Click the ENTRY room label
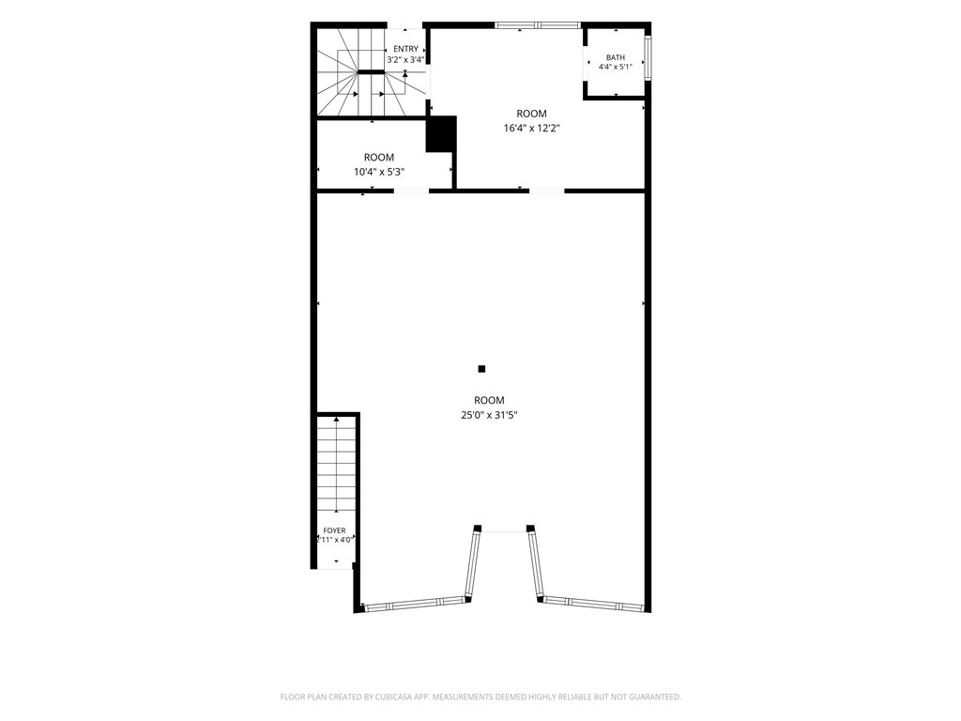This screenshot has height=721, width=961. pyautogui.click(x=405, y=49)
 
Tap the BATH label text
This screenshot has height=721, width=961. pyautogui.click(x=616, y=57)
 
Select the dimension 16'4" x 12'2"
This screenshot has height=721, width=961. pyautogui.click(x=531, y=128)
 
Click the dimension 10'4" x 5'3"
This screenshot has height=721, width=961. pyautogui.click(x=379, y=172)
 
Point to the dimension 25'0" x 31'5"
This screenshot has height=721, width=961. pyautogui.click(x=489, y=415)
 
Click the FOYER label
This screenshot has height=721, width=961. pyautogui.click(x=334, y=531)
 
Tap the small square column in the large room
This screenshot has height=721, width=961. pyautogui.click(x=481, y=368)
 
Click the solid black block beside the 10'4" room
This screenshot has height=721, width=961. pyautogui.click(x=441, y=133)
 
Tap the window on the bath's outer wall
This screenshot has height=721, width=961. pyautogui.click(x=648, y=57)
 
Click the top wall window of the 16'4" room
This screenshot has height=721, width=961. pyautogui.click(x=538, y=25)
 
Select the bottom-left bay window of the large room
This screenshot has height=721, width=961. pyautogui.click(x=414, y=604)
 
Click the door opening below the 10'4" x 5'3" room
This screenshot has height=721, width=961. pyautogui.click(x=411, y=192)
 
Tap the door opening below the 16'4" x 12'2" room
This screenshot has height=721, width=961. pyautogui.click(x=547, y=192)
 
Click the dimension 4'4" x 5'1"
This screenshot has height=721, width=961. pyautogui.click(x=616, y=67)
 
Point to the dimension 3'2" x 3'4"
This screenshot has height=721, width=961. pyautogui.click(x=405, y=59)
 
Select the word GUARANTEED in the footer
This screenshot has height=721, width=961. pyautogui.click(x=656, y=698)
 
